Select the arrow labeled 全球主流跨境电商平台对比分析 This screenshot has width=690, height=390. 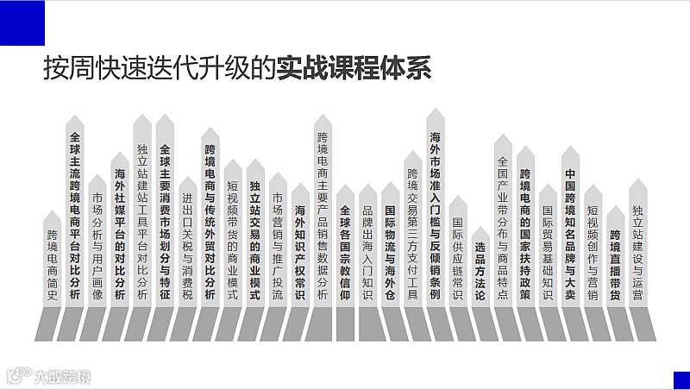coord(75,216)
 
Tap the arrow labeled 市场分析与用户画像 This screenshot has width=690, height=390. coord(97,250)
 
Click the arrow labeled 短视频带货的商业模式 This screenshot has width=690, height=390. coord(233,237)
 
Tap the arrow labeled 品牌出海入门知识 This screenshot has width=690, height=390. coord(367,250)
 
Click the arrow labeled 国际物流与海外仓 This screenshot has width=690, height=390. coord(390,250)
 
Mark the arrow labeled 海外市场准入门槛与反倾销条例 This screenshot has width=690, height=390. coord(435,211)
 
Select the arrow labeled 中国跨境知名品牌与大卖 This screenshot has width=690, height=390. coord(569,229)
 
